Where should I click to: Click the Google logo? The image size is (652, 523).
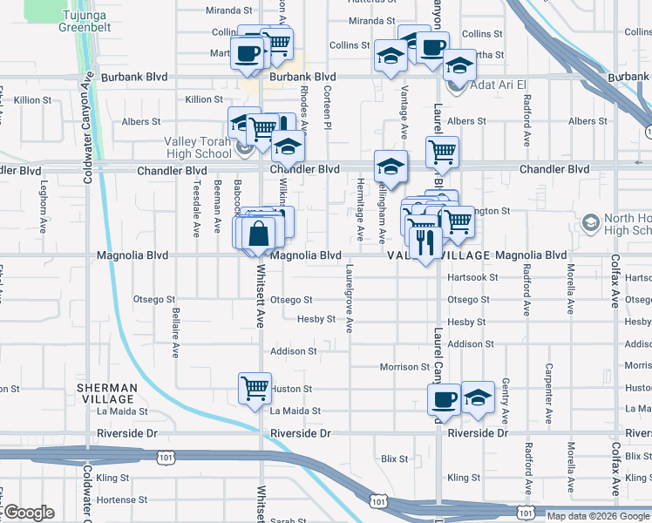pos(28,513)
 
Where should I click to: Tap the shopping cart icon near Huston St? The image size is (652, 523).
pos(254,387)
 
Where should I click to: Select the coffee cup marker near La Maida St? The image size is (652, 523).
pos(444,400)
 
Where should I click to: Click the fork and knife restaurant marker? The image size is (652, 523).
pos(424,241)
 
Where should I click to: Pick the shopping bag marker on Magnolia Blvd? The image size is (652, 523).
pos(259,234)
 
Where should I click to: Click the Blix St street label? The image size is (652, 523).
pos(395,458)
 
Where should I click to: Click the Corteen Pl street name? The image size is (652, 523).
pos(328,107)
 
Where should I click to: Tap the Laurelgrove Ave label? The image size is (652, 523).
pos(350,298)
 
